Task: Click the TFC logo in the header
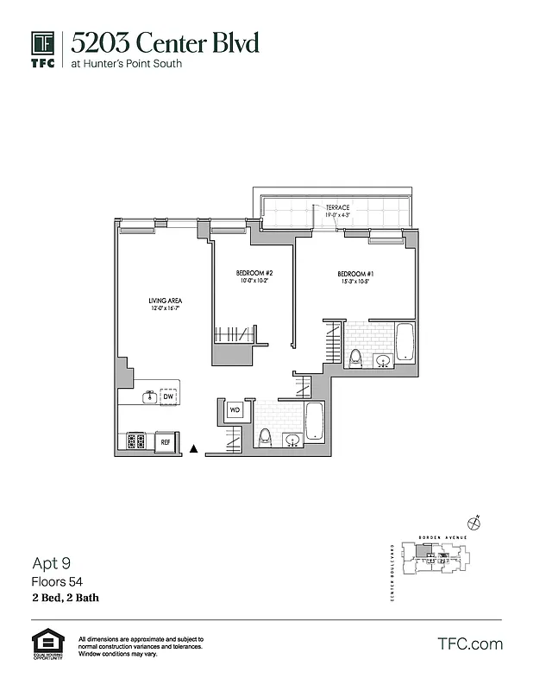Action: (x=43, y=48)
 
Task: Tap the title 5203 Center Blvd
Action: (x=165, y=43)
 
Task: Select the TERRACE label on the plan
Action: (x=339, y=208)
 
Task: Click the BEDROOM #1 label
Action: (x=354, y=276)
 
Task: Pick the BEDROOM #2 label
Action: (x=254, y=275)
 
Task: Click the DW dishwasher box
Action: (x=168, y=396)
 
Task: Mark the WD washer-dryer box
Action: (x=234, y=410)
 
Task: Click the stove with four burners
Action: (x=136, y=441)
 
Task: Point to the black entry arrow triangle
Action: (x=194, y=448)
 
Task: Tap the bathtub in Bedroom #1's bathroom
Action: (x=404, y=341)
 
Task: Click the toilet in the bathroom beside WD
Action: (x=266, y=436)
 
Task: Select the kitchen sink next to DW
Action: (x=149, y=396)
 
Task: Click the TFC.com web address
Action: (x=469, y=643)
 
